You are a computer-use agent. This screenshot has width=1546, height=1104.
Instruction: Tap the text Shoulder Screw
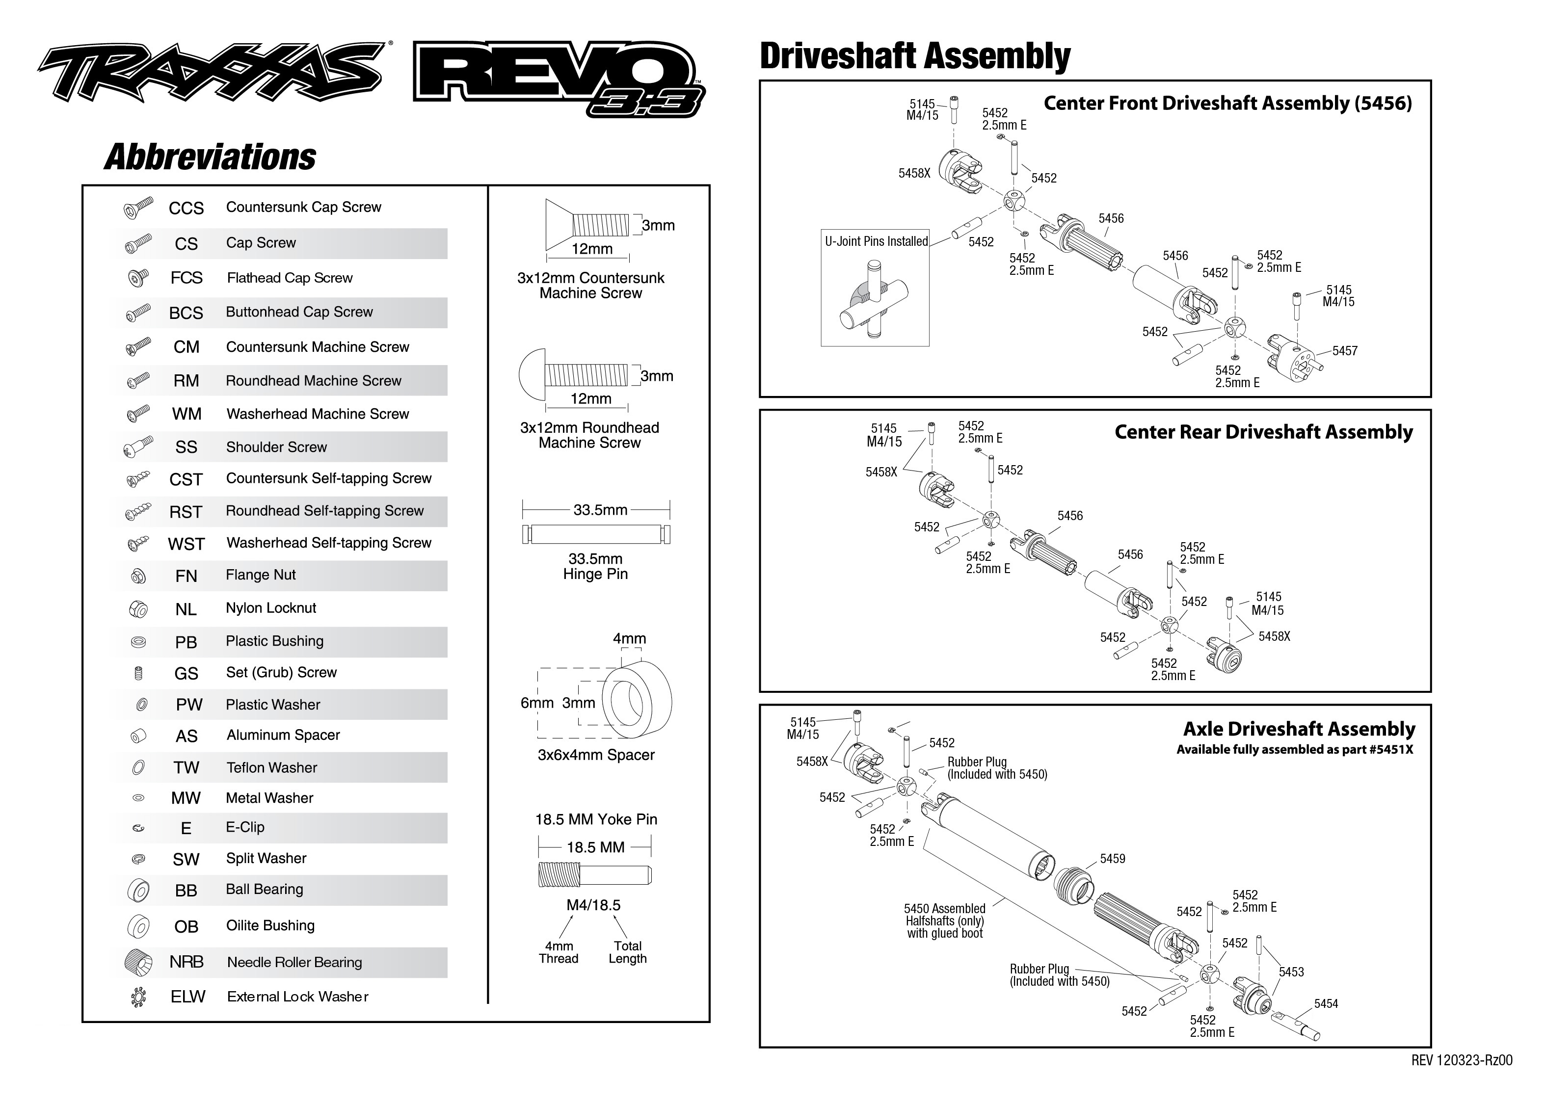tap(276, 447)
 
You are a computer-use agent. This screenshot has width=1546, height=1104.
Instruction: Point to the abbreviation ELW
tap(187, 997)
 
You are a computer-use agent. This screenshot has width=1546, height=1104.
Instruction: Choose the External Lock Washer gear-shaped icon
tap(138, 997)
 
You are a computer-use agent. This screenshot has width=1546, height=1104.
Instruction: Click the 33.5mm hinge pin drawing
tap(596, 534)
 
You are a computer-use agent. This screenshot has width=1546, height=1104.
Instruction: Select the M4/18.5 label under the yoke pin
tap(593, 905)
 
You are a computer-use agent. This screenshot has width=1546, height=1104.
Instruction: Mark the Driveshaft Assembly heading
tap(914, 56)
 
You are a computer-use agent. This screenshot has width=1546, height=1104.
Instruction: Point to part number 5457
tap(1344, 351)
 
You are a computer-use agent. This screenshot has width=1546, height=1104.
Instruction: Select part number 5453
tap(1291, 972)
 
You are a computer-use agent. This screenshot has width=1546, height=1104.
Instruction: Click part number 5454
tap(1326, 1003)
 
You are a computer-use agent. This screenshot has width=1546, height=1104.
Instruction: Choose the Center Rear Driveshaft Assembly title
tap(1263, 432)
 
